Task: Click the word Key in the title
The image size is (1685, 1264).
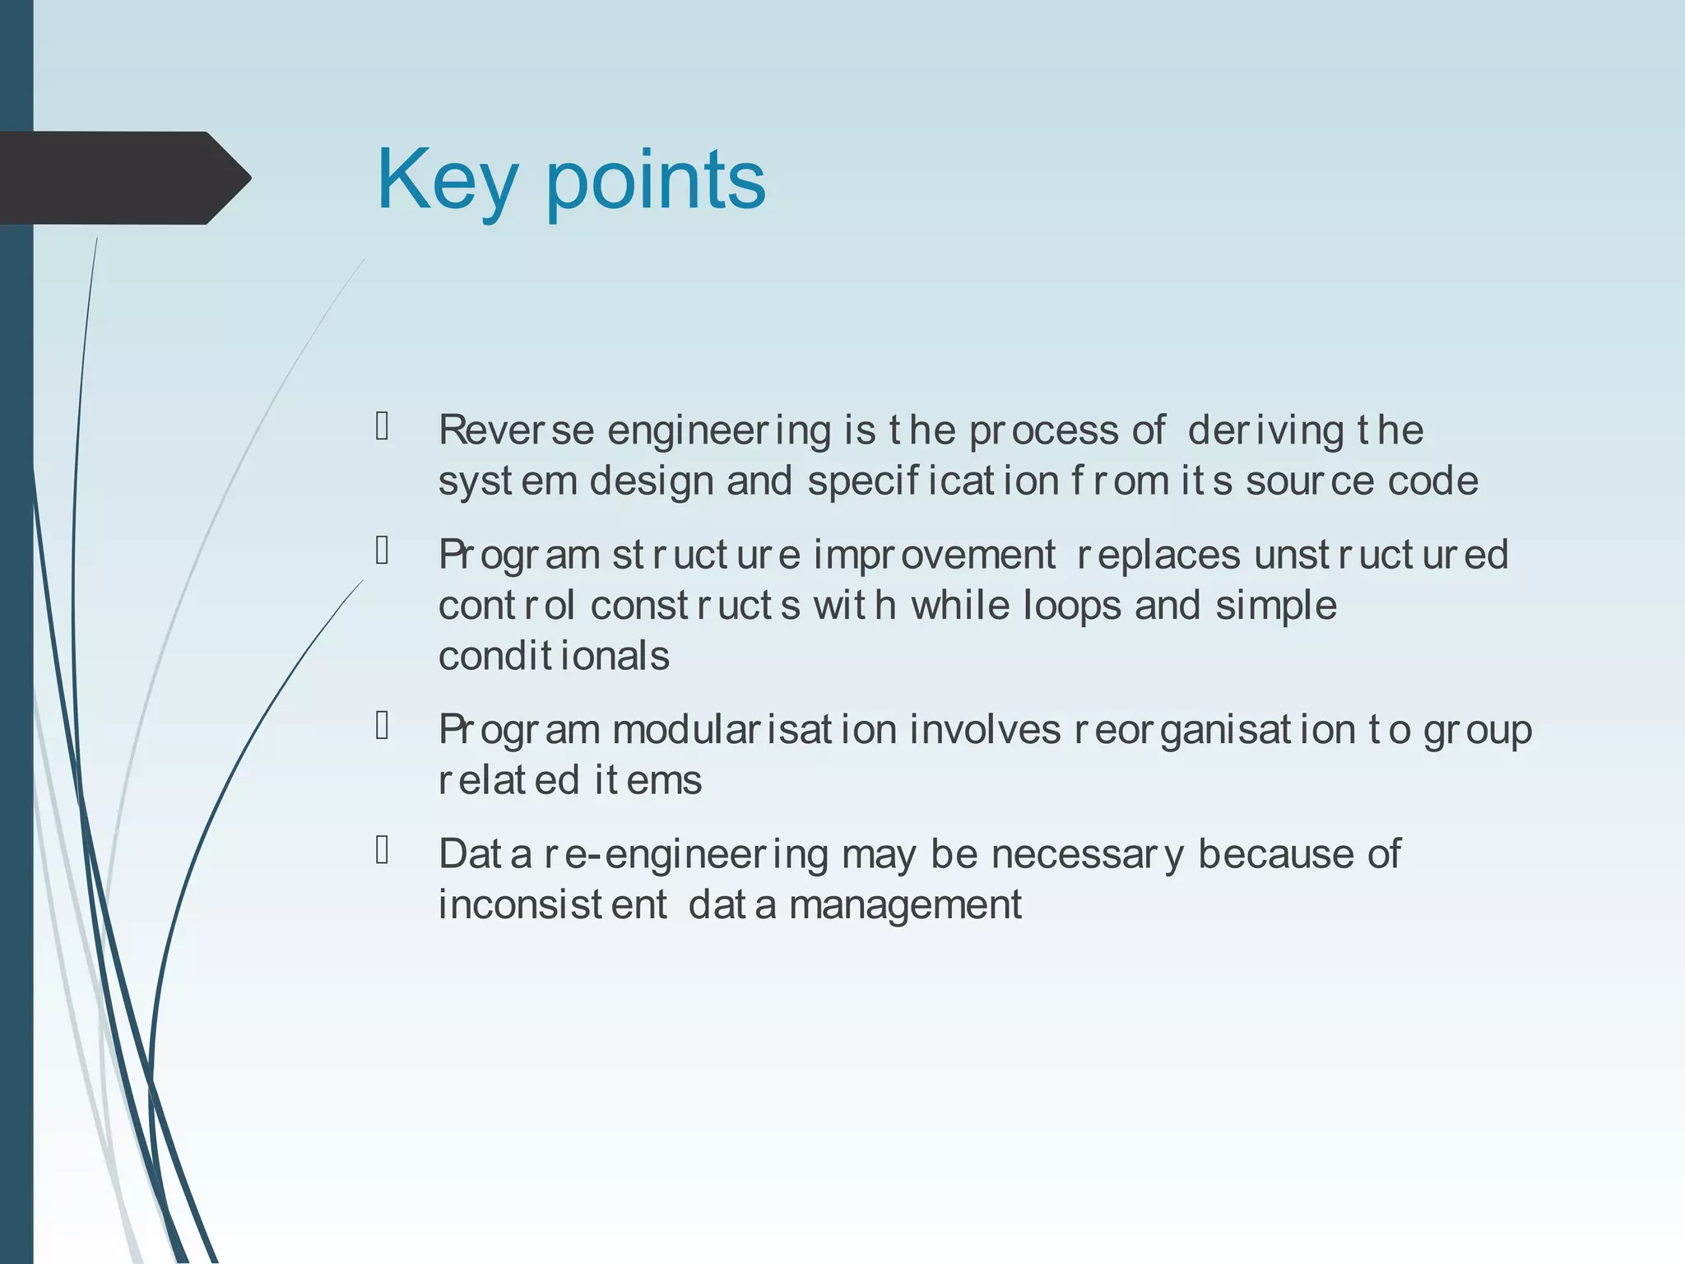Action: [x=447, y=180]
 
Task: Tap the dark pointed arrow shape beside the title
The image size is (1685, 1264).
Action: [x=123, y=178]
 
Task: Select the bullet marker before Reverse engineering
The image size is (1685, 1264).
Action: [x=382, y=426]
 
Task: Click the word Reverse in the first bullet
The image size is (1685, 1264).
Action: [x=516, y=430]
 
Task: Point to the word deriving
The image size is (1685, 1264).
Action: [x=1265, y=430]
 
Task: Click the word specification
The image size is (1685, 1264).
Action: [x=933, y=481]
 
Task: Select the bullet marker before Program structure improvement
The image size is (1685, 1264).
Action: [x=382, y=551]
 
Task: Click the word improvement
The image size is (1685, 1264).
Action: [x=934, y=555]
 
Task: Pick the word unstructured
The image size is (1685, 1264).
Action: [x=1381, y=555]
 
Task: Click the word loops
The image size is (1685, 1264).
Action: [x=1072, y=606]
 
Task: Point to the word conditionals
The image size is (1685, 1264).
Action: [x=554, y=657]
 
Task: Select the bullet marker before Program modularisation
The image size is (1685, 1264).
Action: [x=382, y=726]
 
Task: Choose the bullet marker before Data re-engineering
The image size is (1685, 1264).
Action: [x=382, y=850]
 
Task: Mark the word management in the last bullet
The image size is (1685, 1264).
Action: [x=905, y=905]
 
